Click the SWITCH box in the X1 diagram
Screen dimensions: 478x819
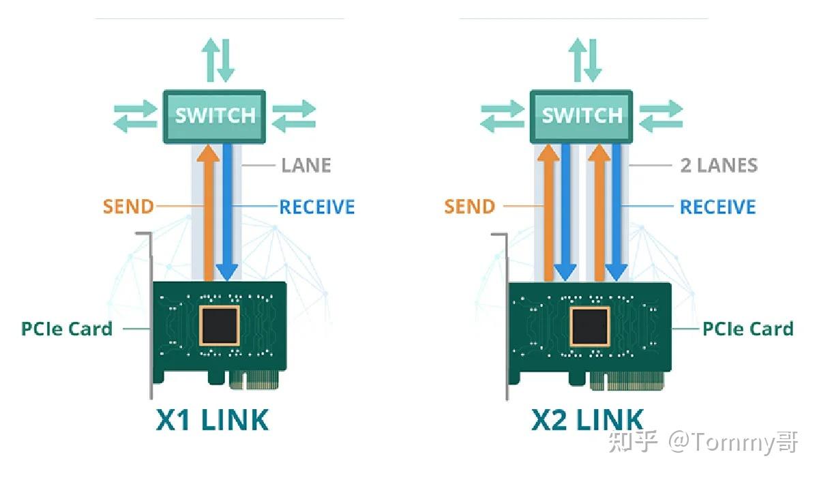214,116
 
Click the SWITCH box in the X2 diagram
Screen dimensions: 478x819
581,116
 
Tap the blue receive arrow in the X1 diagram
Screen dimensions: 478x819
226,211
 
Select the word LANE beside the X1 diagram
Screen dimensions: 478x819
306,165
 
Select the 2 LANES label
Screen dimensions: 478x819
719,165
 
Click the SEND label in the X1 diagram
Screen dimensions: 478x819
128,206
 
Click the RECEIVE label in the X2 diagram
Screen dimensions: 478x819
717,206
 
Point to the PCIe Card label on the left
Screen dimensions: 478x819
67,329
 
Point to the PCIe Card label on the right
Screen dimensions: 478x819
747,329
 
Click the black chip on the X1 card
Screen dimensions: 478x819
219,325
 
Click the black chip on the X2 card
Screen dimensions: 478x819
590,325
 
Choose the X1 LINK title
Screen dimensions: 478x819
213,419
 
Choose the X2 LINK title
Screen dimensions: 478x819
587,419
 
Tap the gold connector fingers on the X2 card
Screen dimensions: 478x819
626,380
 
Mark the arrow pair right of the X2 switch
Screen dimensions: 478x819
661,116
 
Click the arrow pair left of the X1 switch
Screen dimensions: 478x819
134,116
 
